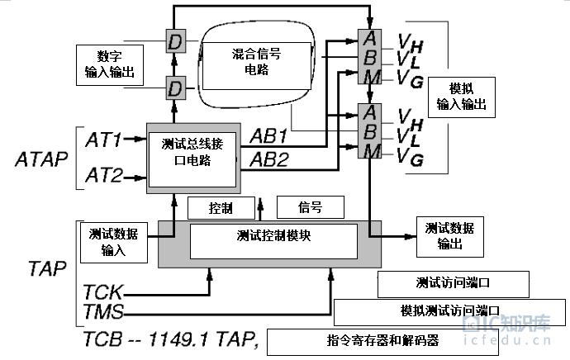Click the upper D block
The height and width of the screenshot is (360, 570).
(x=176, y=41)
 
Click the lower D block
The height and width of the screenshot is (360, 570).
(x=176, y=88)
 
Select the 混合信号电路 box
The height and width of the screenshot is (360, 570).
(x=257, y=66)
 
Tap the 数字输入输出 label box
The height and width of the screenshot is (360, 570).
(x=110, y=65)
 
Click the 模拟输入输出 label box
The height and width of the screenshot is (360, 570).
(x=462, y=97)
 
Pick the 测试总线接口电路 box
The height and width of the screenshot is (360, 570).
(x=192, y=159)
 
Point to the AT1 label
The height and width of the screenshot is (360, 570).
(x=103, y=140)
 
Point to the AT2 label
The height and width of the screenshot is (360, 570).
(x=104, y=175)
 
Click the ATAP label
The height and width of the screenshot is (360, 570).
(x=41, y=159)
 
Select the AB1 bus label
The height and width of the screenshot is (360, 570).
(x=268, y=136)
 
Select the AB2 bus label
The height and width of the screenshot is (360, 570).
(x=269, y=159)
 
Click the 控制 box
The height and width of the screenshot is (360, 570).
(x=221, y=208)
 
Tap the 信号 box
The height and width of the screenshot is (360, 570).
(x=311, y=207)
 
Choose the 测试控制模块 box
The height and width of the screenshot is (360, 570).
(x=273, y=241)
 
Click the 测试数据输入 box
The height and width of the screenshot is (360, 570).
(x=114, y=243)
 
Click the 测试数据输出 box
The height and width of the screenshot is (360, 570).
(x=450, y=237)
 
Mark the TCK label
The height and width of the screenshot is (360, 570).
(x=103, y=291)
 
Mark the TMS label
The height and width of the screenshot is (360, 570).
(x=103, y=311)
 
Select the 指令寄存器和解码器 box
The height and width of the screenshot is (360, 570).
(x=382, y=342)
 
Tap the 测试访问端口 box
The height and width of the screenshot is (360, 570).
(x=454, y=284)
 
